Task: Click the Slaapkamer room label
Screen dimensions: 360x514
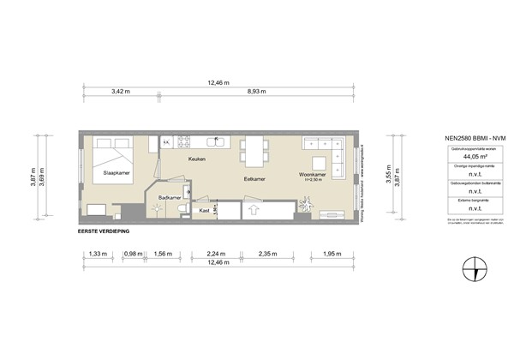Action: point(115,173)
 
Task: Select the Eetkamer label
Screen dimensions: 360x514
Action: point(254,179)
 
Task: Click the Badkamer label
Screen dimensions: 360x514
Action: point(170,197)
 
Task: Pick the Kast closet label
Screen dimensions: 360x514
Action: point(204,210)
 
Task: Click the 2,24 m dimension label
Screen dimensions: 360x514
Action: point(218,254)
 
